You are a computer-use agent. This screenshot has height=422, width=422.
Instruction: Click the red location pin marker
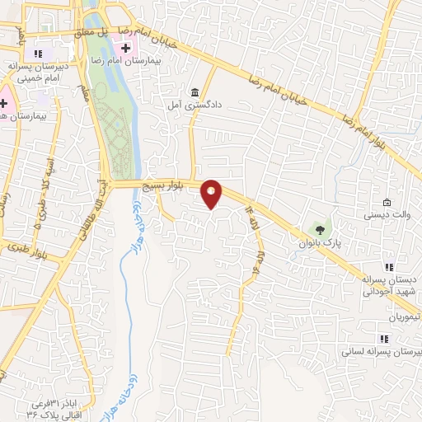pyautogui.click(x=212, y=193)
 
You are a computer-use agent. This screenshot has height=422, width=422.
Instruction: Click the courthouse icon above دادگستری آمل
pyautogui.click(x=195, y=91)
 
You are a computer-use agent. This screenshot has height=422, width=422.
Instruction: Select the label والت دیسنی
pyautogui.click(x=382, y=216)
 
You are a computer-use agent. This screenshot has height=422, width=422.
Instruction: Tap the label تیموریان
pyautogui.click(x=406, y=316)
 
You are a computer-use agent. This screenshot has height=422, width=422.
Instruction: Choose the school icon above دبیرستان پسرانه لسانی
pyautogui.click(x=383, y=338)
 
